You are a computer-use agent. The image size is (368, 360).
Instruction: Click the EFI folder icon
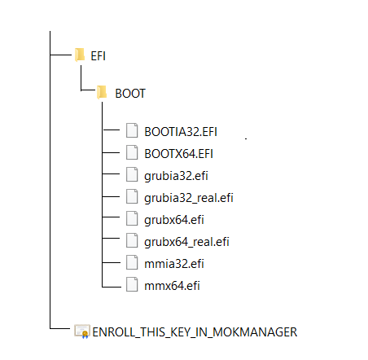(x=80, y=55)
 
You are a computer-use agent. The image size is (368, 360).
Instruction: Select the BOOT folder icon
(x=102, y=92)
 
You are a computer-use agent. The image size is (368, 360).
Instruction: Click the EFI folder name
(x=98, y=56)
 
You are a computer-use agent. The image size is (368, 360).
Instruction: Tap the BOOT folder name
(x=130, y=94)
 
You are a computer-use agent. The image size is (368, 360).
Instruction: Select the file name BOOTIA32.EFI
(x=181, y=132)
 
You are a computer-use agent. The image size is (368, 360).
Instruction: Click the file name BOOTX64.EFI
(x=178, y=154)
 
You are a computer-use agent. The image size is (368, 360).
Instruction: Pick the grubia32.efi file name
(x=176, y=176)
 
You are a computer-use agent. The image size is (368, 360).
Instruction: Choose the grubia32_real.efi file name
(x=189, y=198)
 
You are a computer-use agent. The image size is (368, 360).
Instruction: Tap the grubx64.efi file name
(x=174, y=220)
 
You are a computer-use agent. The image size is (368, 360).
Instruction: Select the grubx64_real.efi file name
(x=186, y=242)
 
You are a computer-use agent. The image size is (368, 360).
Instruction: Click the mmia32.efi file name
(x=174, y=264)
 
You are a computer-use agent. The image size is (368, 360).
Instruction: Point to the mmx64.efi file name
(x=172, y=286)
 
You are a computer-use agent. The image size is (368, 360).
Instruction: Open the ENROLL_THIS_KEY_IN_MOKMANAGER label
(x=195, y=332)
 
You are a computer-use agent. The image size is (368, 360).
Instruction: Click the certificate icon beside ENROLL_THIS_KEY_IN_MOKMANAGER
(x=82, y=331)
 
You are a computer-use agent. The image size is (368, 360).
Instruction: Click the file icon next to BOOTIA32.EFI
(x=132, y=130)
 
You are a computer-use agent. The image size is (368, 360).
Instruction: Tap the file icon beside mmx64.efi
(x=132, y=284)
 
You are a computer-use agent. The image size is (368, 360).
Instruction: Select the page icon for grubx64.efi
(x=132, y=218)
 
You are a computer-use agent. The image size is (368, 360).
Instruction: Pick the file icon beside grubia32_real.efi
(x=132, y=196)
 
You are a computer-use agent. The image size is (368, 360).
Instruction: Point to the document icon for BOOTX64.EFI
(x=132, y=152)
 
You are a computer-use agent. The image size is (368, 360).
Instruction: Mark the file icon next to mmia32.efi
(x=132, y=262)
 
